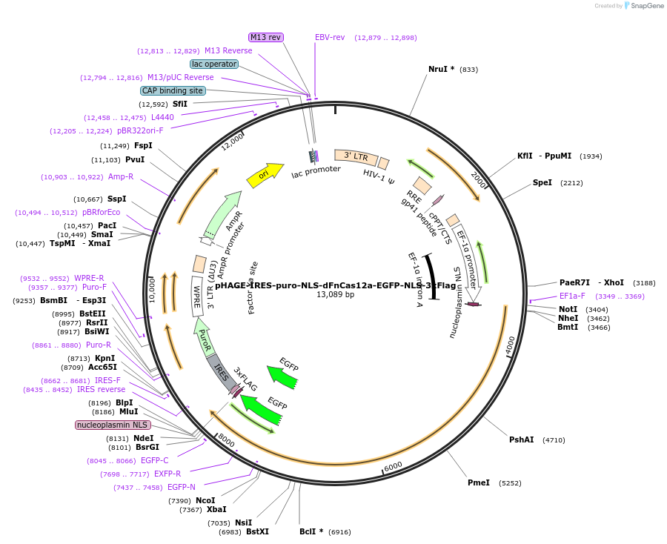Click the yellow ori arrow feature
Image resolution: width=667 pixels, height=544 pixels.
265,175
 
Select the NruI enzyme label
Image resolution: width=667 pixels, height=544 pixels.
441,69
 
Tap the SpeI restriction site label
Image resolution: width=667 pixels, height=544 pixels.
542,182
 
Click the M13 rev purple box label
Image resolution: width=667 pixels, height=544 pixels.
265,37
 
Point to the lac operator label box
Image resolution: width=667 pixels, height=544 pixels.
214,64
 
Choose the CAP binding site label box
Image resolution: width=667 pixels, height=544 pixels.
173,90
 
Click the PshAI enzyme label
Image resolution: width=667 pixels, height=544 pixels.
521,439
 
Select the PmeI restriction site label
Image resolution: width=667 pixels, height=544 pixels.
478,482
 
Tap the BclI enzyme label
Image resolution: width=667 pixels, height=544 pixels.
311,531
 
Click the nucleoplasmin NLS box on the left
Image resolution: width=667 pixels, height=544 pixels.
113,425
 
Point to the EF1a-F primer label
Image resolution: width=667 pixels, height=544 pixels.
571,296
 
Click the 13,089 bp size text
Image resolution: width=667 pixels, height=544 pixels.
335,294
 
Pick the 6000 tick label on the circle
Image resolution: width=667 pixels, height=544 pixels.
393,465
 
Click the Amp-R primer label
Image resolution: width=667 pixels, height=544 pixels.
120,176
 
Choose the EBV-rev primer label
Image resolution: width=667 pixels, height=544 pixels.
330,37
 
